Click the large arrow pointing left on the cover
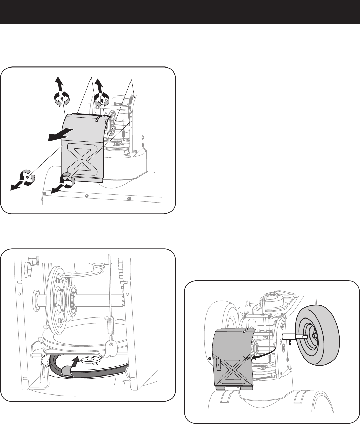(60, 134)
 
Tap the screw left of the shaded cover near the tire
(210, 359)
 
